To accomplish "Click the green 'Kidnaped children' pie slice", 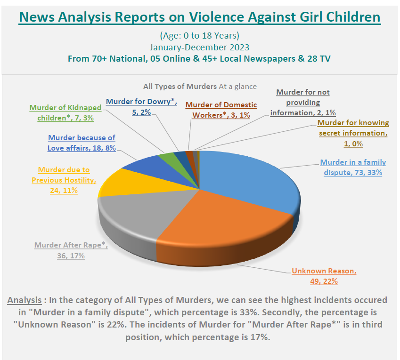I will coord(166,156).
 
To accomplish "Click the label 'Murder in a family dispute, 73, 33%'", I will coord(353,168).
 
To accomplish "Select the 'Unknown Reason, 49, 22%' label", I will coord(324,276).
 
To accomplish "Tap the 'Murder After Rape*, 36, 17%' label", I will coord(71,250).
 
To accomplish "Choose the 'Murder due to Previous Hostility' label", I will coord(64,180).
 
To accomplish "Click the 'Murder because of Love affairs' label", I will coord(81,143).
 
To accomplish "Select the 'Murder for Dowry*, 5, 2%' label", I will coord(141,106).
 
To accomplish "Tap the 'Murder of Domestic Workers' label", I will coord(221,110).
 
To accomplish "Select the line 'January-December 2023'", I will coord(200,47).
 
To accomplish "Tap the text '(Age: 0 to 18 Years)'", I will coord(200,36).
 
